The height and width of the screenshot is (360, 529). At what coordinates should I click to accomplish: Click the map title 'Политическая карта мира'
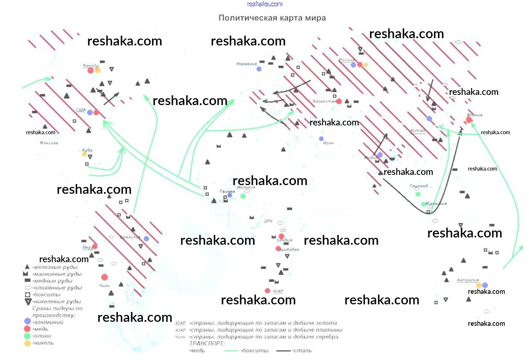272,18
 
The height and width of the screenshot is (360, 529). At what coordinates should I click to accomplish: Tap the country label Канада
90,65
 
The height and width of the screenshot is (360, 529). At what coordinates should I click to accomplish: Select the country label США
81,110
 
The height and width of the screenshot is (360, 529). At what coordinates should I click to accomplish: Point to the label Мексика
49,143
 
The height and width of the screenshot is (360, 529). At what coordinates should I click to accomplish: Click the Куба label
87,150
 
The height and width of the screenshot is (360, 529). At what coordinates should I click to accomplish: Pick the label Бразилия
130,237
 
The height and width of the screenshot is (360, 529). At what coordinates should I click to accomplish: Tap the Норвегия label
246,64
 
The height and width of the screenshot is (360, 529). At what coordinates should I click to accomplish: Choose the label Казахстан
324,101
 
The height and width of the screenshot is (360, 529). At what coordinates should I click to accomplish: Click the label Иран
328,143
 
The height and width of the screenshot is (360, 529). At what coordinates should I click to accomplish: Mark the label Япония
475,115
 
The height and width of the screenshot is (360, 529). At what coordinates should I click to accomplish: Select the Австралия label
468,280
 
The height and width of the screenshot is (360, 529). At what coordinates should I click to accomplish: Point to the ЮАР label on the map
278,291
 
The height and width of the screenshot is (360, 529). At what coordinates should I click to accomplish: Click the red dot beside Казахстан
339,101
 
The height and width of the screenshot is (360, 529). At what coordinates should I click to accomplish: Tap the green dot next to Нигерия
243,196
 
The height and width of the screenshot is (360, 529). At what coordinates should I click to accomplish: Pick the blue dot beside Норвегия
259,69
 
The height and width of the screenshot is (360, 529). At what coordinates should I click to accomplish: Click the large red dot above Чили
105,277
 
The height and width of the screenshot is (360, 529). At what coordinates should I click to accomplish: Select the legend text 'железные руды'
55,267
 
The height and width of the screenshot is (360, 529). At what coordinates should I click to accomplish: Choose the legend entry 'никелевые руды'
57,301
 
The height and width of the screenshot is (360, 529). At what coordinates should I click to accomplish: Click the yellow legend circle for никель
27,343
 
